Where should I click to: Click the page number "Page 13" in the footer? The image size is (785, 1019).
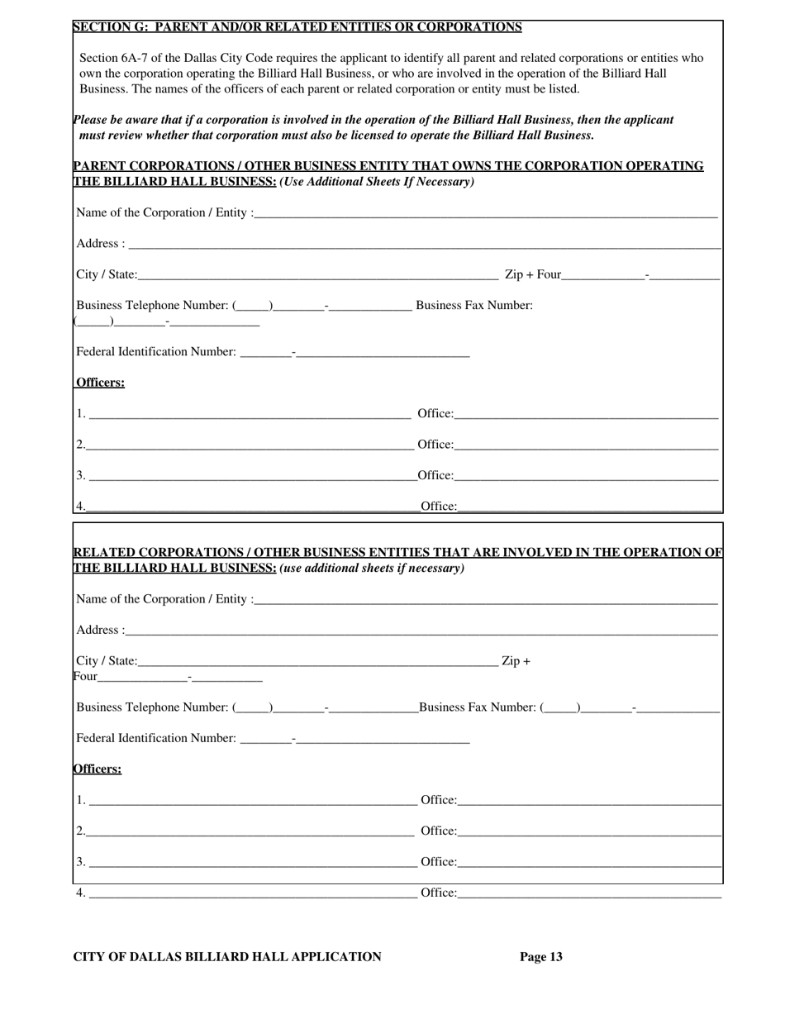pos(540,957)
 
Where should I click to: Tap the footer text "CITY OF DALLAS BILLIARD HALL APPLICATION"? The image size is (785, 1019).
pos(227,957)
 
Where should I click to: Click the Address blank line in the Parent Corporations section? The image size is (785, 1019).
pos(425,245)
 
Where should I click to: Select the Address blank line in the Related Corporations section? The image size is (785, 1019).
pos(421,631)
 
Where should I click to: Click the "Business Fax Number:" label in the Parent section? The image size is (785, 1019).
pos(473,306)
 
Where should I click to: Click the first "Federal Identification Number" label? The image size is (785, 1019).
pos(155,352)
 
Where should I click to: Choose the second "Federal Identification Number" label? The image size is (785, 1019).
pos(155,738)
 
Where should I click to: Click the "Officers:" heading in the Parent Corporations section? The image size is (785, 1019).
pos(100,383)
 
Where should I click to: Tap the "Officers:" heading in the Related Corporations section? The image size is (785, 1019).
pos(98,769)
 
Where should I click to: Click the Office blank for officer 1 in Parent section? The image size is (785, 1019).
pos(586,414)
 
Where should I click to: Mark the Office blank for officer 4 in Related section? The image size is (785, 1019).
pos(589,893)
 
